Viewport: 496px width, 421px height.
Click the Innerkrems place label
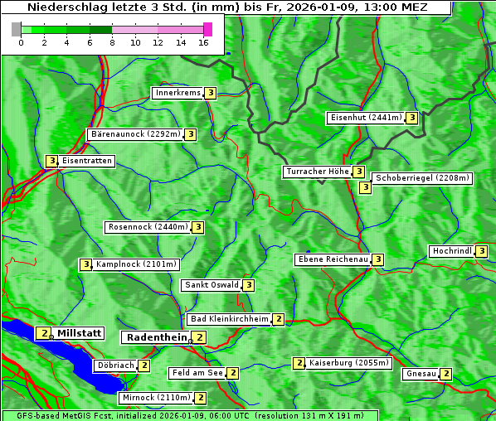click(177, 93)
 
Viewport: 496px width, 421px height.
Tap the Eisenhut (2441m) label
click(365, 118)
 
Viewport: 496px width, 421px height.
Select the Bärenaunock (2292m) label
click(134, 133)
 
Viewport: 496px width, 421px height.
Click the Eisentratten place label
click(87, 161)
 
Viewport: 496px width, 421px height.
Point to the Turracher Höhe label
click(317, 172)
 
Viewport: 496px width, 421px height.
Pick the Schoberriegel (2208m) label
click(422, 178)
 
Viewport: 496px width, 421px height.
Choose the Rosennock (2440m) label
click(148, 226)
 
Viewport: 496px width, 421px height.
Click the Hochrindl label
click(451, 251)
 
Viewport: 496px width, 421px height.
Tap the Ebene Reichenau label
click(333, 259)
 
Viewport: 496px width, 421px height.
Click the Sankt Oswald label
click(211, 285)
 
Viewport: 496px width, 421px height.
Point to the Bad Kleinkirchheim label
click(229, 319)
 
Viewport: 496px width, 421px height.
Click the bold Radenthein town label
click(156, 336)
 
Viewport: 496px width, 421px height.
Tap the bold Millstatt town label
click(79, 333)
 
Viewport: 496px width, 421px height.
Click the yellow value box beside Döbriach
click(144, 365)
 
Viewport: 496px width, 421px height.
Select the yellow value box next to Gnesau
click(446, 374)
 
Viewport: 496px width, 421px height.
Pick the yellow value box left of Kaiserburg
click(299, 363)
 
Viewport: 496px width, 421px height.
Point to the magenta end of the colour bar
click(207, 29)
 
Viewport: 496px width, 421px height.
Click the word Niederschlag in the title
click(66, 7)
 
